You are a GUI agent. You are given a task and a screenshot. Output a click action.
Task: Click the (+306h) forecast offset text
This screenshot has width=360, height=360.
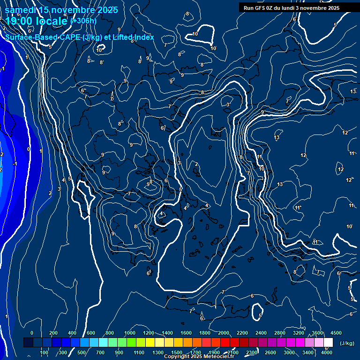tap(83, 21)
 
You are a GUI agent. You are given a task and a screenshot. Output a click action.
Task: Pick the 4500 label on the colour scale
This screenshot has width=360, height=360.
tap(336, 333)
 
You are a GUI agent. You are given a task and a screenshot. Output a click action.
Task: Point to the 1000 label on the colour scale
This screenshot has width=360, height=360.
tap(129, 333)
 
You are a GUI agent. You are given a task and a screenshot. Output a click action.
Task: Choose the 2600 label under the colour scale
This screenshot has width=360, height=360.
tap(270, 352)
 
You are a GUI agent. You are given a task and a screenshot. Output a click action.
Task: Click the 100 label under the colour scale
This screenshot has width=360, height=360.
tap(45, 352)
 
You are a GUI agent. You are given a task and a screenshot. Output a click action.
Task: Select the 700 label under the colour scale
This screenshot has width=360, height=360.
tap(100, 352)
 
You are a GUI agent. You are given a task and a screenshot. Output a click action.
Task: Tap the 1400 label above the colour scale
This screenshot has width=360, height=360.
tap(167, 333)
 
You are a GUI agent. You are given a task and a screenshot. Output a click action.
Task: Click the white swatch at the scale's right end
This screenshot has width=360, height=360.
tap(328, 343)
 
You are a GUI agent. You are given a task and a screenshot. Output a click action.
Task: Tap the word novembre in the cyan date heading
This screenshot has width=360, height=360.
tap(72, 10)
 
